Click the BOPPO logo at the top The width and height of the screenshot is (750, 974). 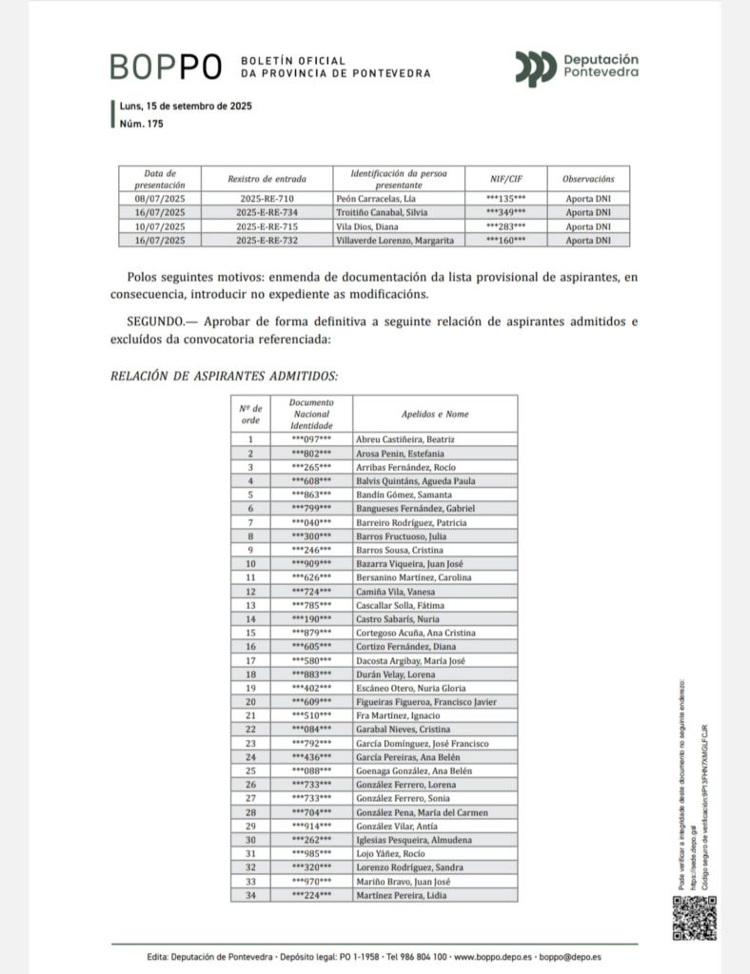(x=167, y=67)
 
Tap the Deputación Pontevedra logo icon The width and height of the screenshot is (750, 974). (x=536, y=67)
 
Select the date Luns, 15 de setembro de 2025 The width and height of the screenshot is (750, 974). (x=185, y=106)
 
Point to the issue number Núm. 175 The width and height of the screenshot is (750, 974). (x=142, y=125)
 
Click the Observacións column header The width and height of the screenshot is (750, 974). (x=587, y=179)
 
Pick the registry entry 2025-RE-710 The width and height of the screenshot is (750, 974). (x=269, y=199)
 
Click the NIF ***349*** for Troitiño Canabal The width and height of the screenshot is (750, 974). (x=505, y=213)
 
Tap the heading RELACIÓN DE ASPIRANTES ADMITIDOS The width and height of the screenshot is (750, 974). (x=225, y=377)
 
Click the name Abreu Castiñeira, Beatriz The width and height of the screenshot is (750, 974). (x=405, y=439)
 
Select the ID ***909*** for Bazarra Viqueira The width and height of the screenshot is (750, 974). (x=311, y=563)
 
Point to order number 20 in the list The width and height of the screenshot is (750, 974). (x=250, y=701)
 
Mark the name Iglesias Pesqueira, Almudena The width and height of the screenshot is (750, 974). (x=414, y=839)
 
